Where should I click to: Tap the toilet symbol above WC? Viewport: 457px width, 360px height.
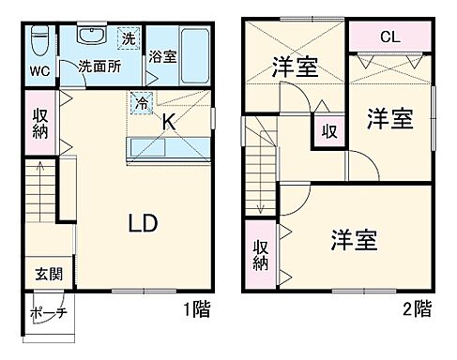38,42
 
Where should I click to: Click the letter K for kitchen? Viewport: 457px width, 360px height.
169,120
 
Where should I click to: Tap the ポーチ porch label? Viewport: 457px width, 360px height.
47,313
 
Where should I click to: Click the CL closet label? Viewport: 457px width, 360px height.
390,37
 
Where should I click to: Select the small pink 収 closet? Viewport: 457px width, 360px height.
327,129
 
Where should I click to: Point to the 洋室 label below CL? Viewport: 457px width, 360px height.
389,119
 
